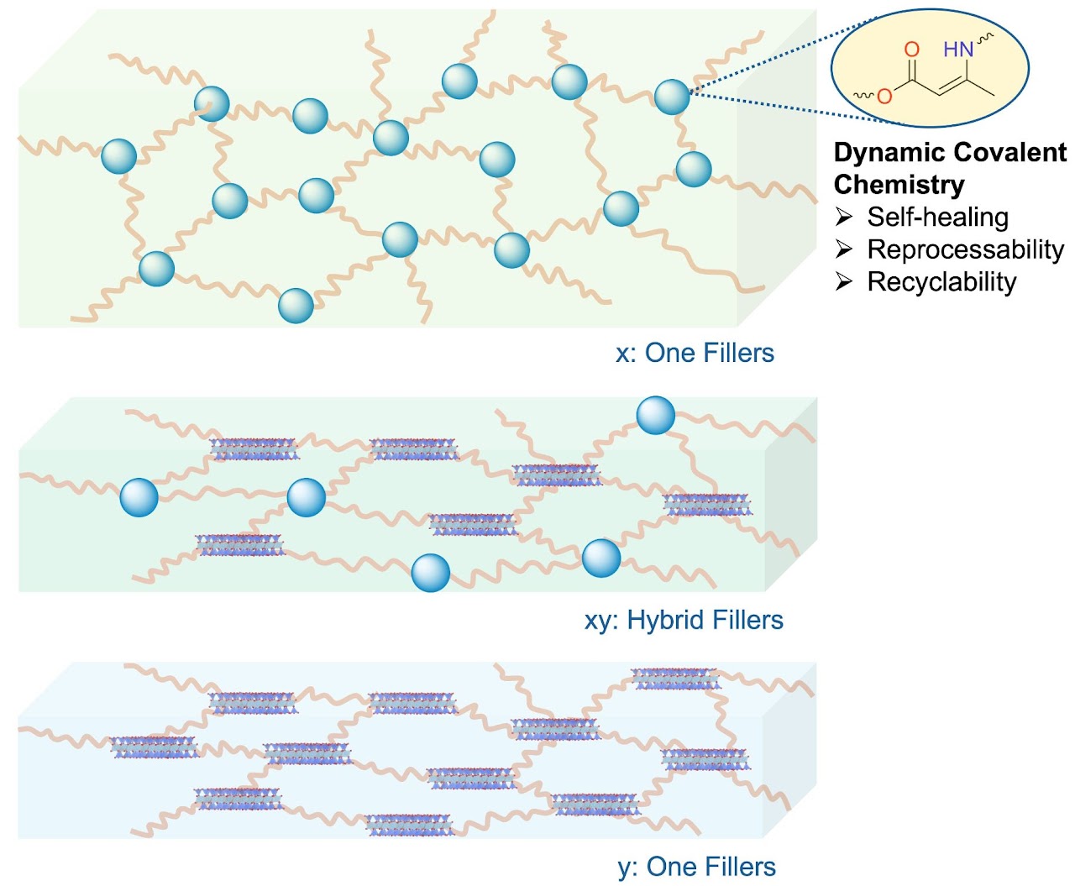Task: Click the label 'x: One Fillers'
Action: [695, 353]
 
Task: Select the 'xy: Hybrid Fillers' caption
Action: [684, 620]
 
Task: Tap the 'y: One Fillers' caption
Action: [696, 867]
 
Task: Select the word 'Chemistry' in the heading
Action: [899, 184]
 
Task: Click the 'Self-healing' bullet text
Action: [937, 217]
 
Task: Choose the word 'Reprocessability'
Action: [965, 249]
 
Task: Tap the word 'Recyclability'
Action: [941, 282]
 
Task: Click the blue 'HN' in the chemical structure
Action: [958, 50]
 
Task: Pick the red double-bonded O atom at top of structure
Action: [912, 50]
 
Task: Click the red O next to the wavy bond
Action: [884, 97]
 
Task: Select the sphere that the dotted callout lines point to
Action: [672, 97]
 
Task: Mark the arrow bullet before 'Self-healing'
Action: [844, 218]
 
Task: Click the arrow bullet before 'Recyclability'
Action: [844, 282]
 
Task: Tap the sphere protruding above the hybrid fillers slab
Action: [655, 415]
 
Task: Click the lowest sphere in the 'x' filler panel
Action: [296, 306]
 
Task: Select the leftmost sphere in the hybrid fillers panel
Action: [139, 497]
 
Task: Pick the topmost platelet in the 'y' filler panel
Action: [676, 679]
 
